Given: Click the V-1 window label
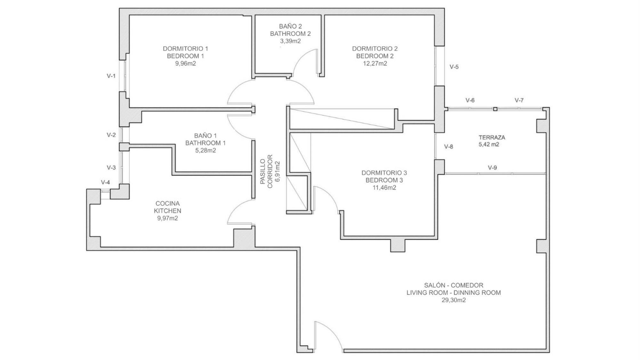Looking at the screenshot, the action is tap(111, 76).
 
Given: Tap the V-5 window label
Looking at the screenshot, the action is tap(454, 67).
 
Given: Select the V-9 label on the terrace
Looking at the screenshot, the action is tap(492, 167).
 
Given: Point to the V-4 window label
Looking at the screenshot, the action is tap(105, 182).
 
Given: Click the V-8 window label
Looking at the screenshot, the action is tap(449, 147).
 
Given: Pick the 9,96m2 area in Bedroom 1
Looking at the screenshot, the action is tap(185, 63).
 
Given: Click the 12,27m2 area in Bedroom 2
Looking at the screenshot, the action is tap(375, 63).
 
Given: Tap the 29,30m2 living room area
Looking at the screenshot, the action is tap(454, 300).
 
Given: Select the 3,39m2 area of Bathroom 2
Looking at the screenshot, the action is tap(290, 41).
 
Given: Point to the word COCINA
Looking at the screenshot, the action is tap(167, 204).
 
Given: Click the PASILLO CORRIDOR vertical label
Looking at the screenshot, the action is tap(270, 171).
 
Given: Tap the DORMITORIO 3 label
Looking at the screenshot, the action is tap(384, 173).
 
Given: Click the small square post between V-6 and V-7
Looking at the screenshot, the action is tap(495, 109).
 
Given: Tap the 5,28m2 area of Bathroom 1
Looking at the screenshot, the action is tap(206, 150).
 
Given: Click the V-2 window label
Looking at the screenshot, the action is tap(111, 135).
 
